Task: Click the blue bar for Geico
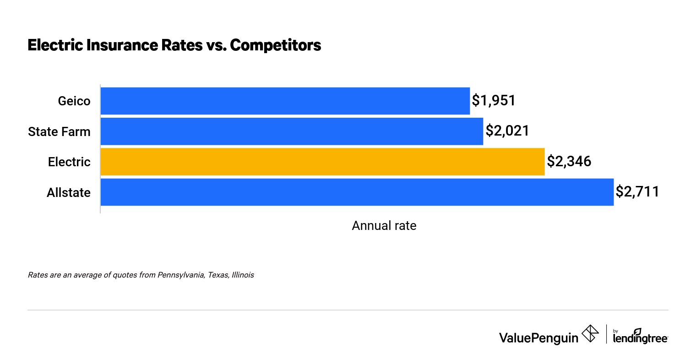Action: coord(285,101)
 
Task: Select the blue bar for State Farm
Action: coord(292,131)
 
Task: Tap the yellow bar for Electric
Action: coord(322,162)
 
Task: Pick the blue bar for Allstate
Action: coord(357,192)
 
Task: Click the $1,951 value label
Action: coord(494,101)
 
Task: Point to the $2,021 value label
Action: coord(507,131)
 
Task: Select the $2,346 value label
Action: coord(569,162)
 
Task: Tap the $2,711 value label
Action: coord(637,192)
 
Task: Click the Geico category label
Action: coord(74,101)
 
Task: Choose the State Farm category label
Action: coord(59,132)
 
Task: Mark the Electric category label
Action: coord(69,162)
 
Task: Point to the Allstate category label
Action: coord(68,193)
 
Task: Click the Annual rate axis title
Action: coord(384,226)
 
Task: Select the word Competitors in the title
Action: coord(275,45)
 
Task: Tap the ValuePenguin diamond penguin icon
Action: coord(590,333)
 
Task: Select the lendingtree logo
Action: coord(640,336)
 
